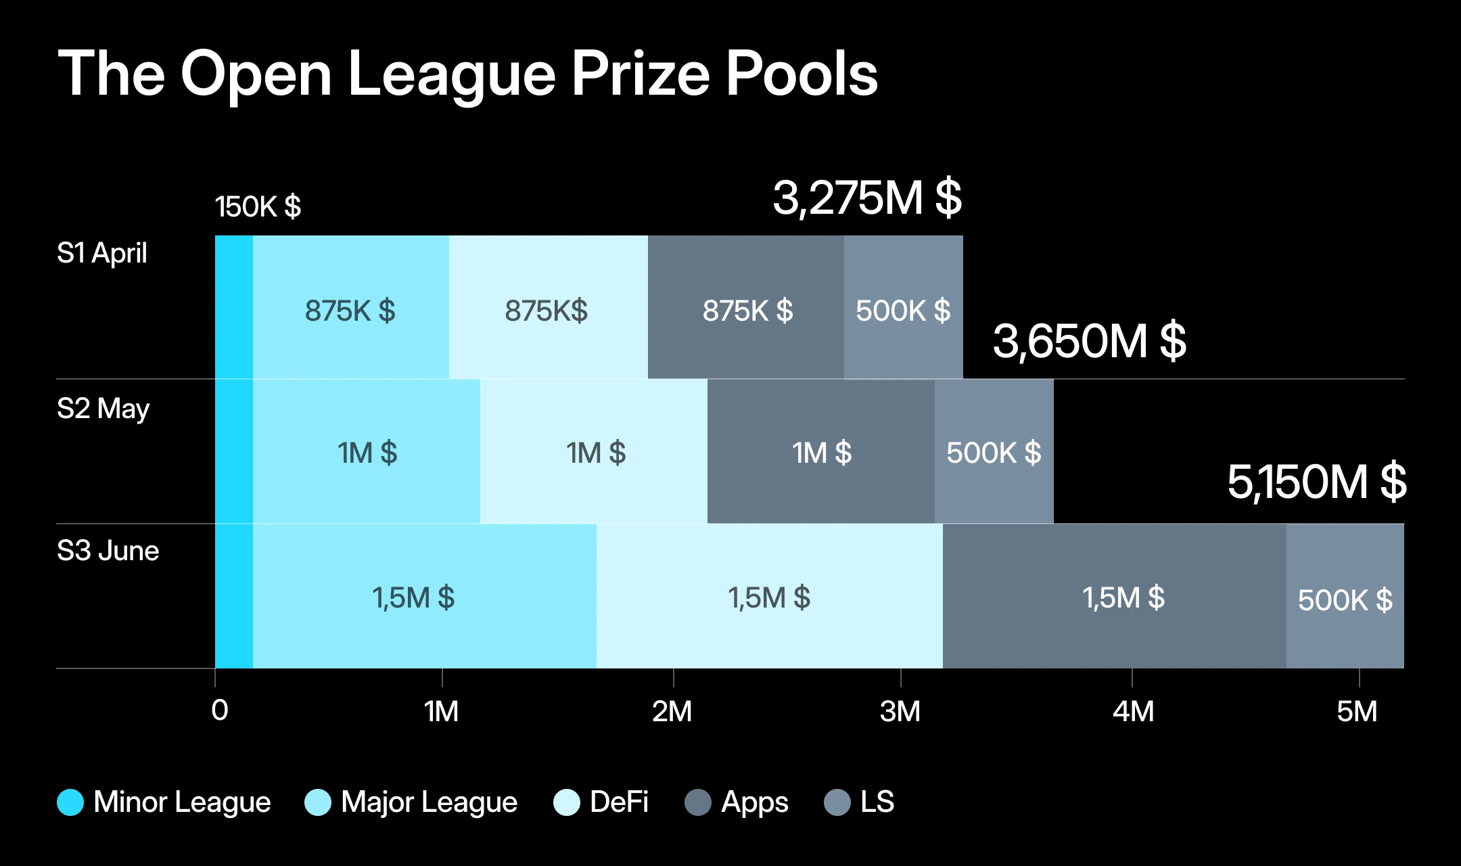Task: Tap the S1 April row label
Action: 101,253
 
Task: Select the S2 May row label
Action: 103,409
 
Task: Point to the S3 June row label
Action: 108,551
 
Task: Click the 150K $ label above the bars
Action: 258,206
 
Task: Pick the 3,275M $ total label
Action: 866,198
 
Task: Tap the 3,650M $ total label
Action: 1088,341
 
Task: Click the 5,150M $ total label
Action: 1316,482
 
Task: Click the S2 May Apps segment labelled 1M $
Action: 821,452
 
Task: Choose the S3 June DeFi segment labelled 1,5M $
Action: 769,597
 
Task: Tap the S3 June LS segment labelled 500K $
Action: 1345,598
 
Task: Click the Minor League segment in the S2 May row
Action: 234,451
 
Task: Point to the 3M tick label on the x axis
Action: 900,711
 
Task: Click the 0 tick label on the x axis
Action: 219,710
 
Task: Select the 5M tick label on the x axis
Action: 1357,711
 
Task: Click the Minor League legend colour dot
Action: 70,802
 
